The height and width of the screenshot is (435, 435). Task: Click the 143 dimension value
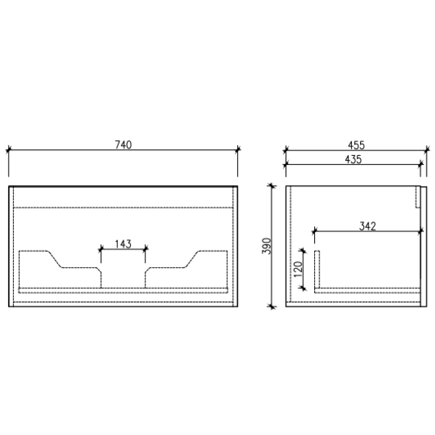click(123, 244)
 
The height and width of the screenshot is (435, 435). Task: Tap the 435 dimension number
click(353, 159)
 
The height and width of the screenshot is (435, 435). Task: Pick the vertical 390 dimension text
click(266, 246)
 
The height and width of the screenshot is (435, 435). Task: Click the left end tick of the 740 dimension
click(8, 150)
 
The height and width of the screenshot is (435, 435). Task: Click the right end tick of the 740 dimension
click(238, 150)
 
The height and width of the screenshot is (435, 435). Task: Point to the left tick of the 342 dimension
click(315, 231)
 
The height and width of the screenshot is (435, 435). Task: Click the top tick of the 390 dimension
click(272, 186)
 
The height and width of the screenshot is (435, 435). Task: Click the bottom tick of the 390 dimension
click(272, 307)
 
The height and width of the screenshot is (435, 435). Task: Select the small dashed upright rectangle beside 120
click(317, 269)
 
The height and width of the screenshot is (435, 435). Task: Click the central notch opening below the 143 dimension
click(123, 278)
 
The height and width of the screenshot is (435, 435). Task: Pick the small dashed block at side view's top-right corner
click(418, 197)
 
